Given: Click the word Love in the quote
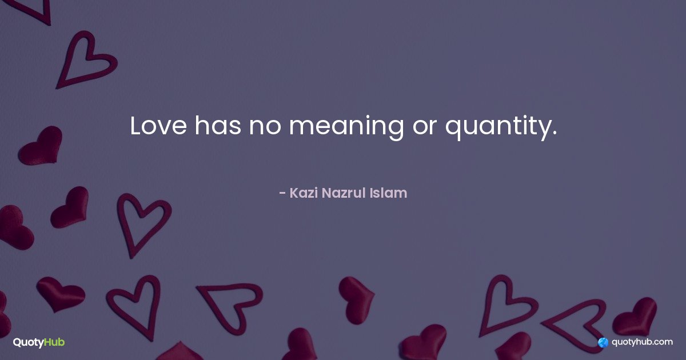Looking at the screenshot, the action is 158,126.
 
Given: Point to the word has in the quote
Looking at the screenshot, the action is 218,125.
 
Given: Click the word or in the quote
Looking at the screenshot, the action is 424,127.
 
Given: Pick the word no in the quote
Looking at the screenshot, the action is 265,127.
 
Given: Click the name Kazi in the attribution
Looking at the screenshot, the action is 304,193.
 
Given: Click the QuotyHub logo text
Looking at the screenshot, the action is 39,342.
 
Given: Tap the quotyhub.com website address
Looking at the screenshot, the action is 642,342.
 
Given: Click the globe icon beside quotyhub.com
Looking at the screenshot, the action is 603,342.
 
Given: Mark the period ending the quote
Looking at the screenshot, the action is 554,133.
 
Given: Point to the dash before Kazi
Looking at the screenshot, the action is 282,194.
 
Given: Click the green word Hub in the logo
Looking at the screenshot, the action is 54,342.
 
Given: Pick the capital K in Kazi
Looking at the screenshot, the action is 294,193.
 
